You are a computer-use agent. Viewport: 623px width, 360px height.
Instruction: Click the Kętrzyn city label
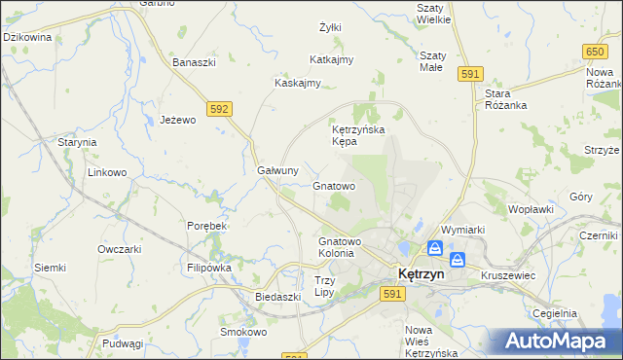[x=419, y=274]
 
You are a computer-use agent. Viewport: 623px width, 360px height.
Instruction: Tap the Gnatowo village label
[x=334, y=185]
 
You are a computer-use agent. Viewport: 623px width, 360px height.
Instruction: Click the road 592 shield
[x=219, y=109]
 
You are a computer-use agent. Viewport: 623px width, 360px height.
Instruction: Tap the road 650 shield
[x=596, y=50]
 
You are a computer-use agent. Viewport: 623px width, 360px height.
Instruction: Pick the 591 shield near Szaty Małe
[x=471, y=74]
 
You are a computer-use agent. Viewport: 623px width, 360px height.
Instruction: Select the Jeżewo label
[x=178, y=120]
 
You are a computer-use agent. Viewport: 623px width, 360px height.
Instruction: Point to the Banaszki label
[x=194, y=62]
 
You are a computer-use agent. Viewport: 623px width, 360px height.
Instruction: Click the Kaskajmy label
[x=298, y=83]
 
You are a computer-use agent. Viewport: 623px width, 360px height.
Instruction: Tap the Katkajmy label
[x=331, y=59]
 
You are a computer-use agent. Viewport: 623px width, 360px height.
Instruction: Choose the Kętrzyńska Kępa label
[x=359, y=134]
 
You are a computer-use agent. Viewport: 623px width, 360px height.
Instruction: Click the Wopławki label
[x=531, y=208]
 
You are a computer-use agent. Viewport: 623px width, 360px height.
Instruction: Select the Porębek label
[x=206, y=226]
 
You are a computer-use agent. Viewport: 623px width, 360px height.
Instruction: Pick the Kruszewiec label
[x=508, y=275]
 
